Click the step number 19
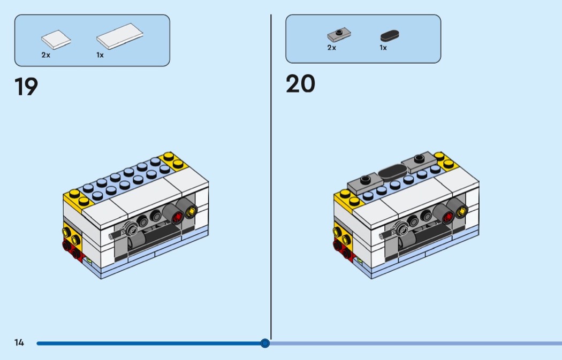click(x=26, y=86)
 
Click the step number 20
click(x=300, y=83)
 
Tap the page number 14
click(x=19, y=342)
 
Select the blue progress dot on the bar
click(x=265, y=343)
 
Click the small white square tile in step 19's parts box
click(x=56, y=40)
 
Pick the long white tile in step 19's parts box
click(x=120, y=36)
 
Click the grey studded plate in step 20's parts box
click(x=339, y=34)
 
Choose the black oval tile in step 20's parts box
click(x=390, y=35)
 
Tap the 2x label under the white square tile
click(x=46, y=55)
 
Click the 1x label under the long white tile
click(x=100, y=55)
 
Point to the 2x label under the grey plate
click(x=331, y=48)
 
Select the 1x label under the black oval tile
click(x=383, y=48)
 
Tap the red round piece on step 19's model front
click(x=177, y=217)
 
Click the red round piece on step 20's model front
click(x=448, y=217)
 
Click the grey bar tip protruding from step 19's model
click(x=111, y=236)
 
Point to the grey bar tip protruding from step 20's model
click(x=382, y=236)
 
